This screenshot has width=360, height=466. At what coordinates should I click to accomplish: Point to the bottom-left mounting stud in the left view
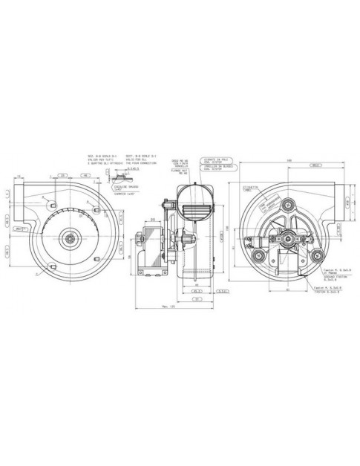pyautogui.click(x=51, y=266)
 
